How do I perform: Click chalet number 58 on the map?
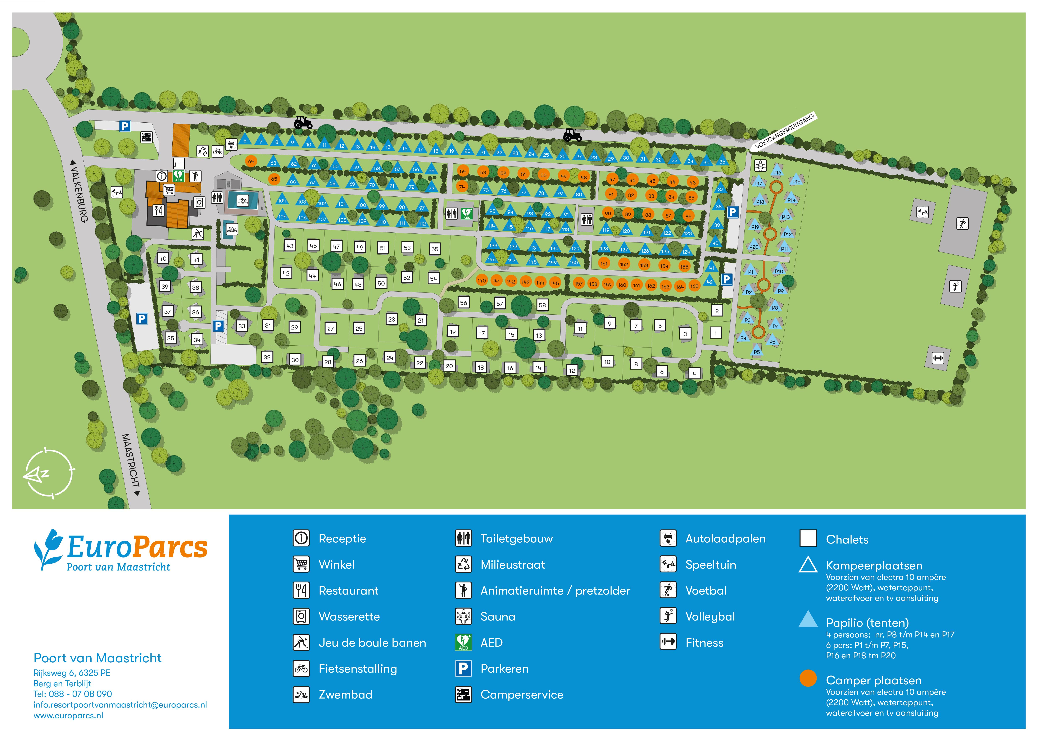[x=542, y=305]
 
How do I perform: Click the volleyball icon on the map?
[x=955, y=286]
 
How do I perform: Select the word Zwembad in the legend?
[x=345, y=695]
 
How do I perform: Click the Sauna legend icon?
[x=464, y=617]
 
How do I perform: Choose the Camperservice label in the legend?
[x=522, y=695]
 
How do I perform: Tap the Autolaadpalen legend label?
[x=725, y=538]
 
